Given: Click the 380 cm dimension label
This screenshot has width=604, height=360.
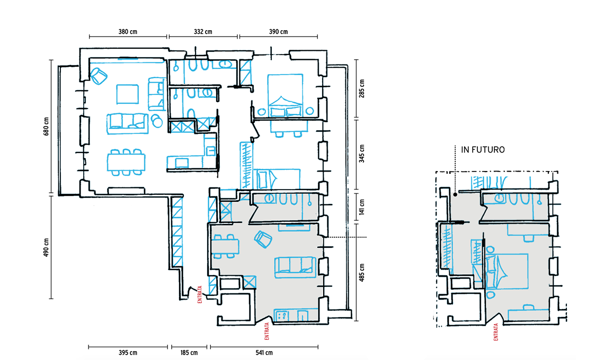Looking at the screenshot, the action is [128, 32].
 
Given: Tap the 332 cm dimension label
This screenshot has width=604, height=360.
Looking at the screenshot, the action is [202, 32].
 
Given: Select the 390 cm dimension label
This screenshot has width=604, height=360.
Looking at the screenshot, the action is [278, 32].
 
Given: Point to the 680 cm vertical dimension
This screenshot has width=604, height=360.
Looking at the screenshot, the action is [47, 127].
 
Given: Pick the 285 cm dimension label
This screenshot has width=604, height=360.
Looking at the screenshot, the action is [362, 88].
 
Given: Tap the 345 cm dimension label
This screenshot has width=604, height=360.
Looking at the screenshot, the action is [362, 154].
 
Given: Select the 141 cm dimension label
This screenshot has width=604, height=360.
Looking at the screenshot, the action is [362, 208].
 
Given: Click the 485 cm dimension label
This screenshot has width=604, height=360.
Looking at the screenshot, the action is [362, 273].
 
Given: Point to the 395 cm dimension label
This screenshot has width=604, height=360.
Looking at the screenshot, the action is [128, 352].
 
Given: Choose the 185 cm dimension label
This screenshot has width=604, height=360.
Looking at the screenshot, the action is [189, 352].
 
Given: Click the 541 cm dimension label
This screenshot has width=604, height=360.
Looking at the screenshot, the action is [264, 352].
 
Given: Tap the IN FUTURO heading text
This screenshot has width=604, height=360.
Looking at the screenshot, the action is [483, 150].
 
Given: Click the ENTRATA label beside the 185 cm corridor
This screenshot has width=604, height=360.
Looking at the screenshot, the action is [200, 294].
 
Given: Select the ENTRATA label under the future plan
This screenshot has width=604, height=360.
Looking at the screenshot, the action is [496, 332].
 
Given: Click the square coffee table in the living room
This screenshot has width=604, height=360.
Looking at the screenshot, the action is [128, 94].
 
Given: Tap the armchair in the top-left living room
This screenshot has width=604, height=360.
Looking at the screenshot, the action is [99, 76].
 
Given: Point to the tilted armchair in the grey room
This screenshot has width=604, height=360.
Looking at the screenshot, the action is [263, 239].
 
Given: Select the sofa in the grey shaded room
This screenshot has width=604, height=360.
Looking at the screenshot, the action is [295, 267].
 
